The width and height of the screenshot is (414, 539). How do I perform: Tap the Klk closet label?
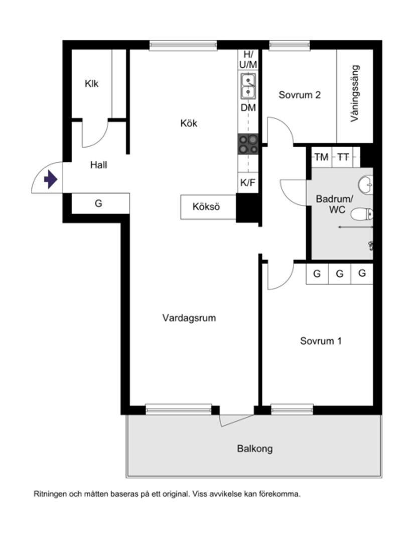91,84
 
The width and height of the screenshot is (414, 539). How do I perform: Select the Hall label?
99,164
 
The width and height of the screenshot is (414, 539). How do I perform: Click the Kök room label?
189,123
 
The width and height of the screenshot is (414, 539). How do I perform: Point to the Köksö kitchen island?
206,206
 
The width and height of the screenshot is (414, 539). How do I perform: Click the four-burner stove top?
248,144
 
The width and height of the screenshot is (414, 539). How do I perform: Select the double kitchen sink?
248,85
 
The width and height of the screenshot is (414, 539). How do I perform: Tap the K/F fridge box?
248,183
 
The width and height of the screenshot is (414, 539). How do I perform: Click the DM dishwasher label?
248,108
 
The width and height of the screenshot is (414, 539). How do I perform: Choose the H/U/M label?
248,59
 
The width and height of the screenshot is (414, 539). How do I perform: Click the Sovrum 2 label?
300,95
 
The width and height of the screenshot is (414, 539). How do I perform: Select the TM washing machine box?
321,157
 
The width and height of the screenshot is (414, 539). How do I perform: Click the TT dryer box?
343,157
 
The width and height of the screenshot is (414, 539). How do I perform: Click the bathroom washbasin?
367,183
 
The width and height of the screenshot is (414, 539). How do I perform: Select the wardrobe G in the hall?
99,203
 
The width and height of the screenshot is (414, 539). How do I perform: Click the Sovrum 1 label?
321,341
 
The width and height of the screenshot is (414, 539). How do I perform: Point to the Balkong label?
255,449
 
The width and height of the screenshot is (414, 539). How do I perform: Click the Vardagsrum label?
189,318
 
